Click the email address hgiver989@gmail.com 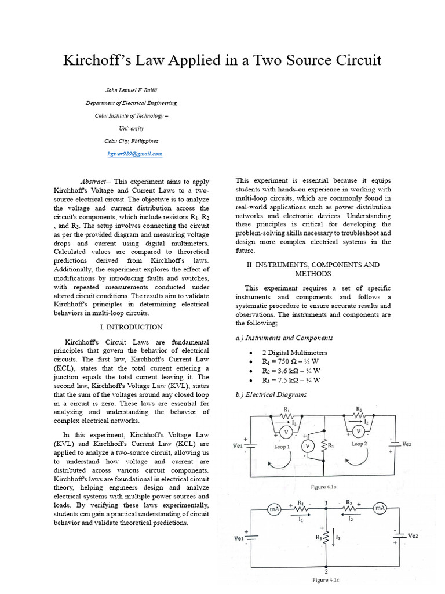pyautogui.click(x=135, y=154)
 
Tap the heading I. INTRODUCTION pyautogui.click(x=131, y=327)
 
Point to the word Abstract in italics pyautogui.click(x=94, y=182)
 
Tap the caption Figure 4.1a pyautogui.click(x=324, y=487)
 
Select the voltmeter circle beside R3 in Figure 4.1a pyautogui.click(x=308, y=445)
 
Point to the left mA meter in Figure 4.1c pyautogui.click(x=274, y=509)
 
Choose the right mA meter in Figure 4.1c pyautogui.click(x=380, y=508)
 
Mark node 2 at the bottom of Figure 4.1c pyautogui.click(x=326, y=571)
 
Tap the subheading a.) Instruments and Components pyautogui.click(x=284, y=338)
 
